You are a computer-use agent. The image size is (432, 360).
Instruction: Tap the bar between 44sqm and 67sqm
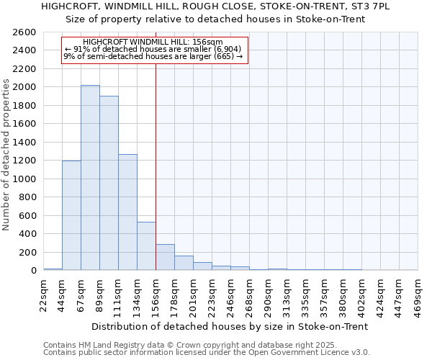coord(71,215)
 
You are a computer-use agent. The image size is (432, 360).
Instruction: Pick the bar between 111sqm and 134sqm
coord(127,212)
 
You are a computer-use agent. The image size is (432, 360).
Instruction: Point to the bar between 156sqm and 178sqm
coord(165,258)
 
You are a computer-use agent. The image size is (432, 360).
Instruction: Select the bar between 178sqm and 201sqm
coord(184,264)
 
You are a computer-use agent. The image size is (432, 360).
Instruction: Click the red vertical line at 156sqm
coord(156,166)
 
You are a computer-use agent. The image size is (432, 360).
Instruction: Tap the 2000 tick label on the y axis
coord(25,87)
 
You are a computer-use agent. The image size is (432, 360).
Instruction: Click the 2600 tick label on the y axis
coord(25,32)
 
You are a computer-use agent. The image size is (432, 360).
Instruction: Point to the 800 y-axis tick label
coord(28,197)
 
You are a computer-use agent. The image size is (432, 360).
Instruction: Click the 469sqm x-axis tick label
coord(418,294)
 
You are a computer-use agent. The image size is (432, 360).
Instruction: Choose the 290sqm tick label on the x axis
coord(268,294)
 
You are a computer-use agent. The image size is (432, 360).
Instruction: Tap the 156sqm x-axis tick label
coord(156,294)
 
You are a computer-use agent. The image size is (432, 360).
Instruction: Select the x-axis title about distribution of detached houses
coord(230,326)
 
